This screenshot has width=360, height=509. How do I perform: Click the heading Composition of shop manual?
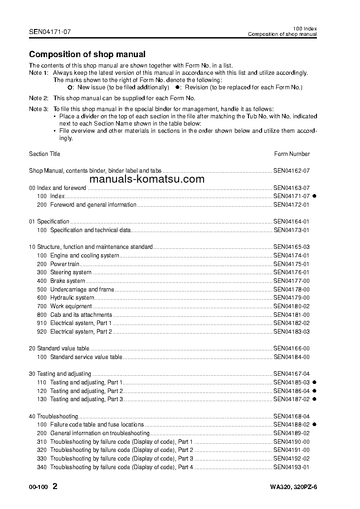coord(87,54)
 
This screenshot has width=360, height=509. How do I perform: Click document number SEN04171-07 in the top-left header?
coord(50,32)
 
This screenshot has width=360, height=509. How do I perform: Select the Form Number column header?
coord(292,154)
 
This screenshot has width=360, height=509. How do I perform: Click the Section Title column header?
coord(44,154)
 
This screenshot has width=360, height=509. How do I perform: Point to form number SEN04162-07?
coord(291,171)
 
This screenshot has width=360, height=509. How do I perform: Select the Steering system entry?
coord(71,272)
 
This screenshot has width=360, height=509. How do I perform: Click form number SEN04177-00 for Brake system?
coord(291,281)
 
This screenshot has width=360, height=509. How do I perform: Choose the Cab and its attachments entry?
coord(81,315)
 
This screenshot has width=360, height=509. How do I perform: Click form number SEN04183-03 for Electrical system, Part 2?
coord(291,332)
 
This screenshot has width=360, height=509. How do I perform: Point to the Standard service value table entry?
coord(86,357)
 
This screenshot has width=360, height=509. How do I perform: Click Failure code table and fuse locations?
coord(97,425)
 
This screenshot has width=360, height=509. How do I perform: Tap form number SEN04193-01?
coord(291,467)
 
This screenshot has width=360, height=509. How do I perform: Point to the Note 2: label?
coord(39,98)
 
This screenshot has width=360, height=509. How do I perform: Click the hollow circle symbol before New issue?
coord(69,87)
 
